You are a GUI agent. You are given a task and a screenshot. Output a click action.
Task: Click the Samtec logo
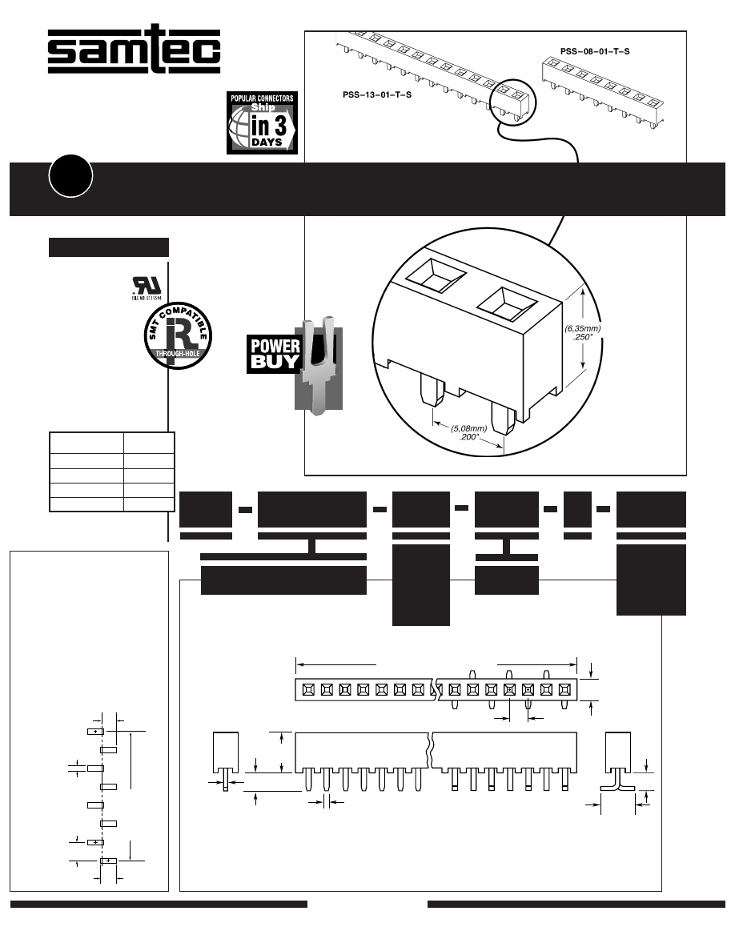[133, 53]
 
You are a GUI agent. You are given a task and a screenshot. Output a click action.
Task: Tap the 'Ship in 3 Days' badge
[263, 122]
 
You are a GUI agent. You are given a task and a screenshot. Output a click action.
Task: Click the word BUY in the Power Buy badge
[275, 361]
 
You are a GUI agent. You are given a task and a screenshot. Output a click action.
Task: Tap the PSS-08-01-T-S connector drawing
[604, 90]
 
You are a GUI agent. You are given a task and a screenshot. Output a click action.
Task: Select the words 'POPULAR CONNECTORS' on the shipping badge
[263, 98]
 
